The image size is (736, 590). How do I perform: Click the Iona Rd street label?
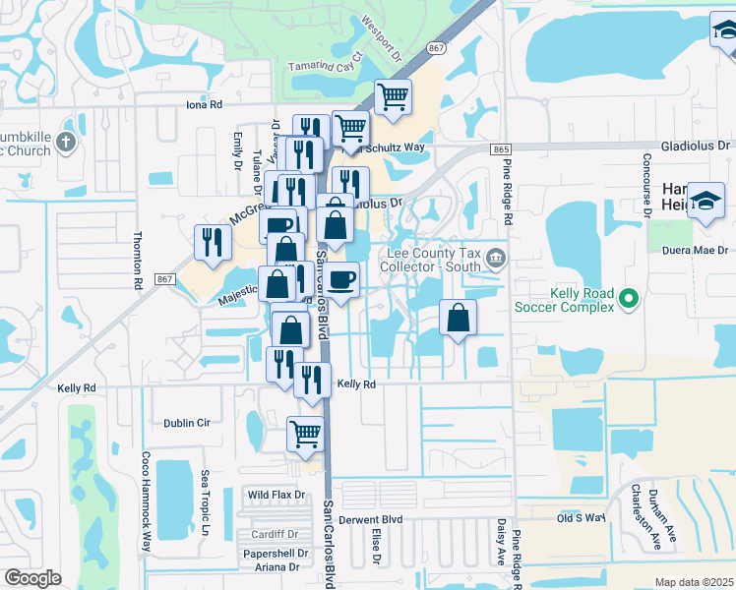pos(205,103)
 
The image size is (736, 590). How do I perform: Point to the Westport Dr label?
pos(383,36)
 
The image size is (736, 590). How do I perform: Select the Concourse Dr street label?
pos(647,184)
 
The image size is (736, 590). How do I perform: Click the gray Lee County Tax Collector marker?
pos(496,260)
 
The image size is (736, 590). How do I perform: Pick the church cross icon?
pos(65,142)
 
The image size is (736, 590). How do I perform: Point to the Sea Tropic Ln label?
pos(206,503)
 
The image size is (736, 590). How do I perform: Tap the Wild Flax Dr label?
pos(276,495)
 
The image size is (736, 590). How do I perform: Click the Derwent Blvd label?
pos(371,518)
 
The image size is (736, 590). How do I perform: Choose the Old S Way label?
pos(578,518)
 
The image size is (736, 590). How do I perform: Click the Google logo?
pos(32,578)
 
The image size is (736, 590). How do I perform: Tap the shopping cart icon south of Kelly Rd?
pos(305,433)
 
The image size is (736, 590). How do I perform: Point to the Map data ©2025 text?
pos(694,582)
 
